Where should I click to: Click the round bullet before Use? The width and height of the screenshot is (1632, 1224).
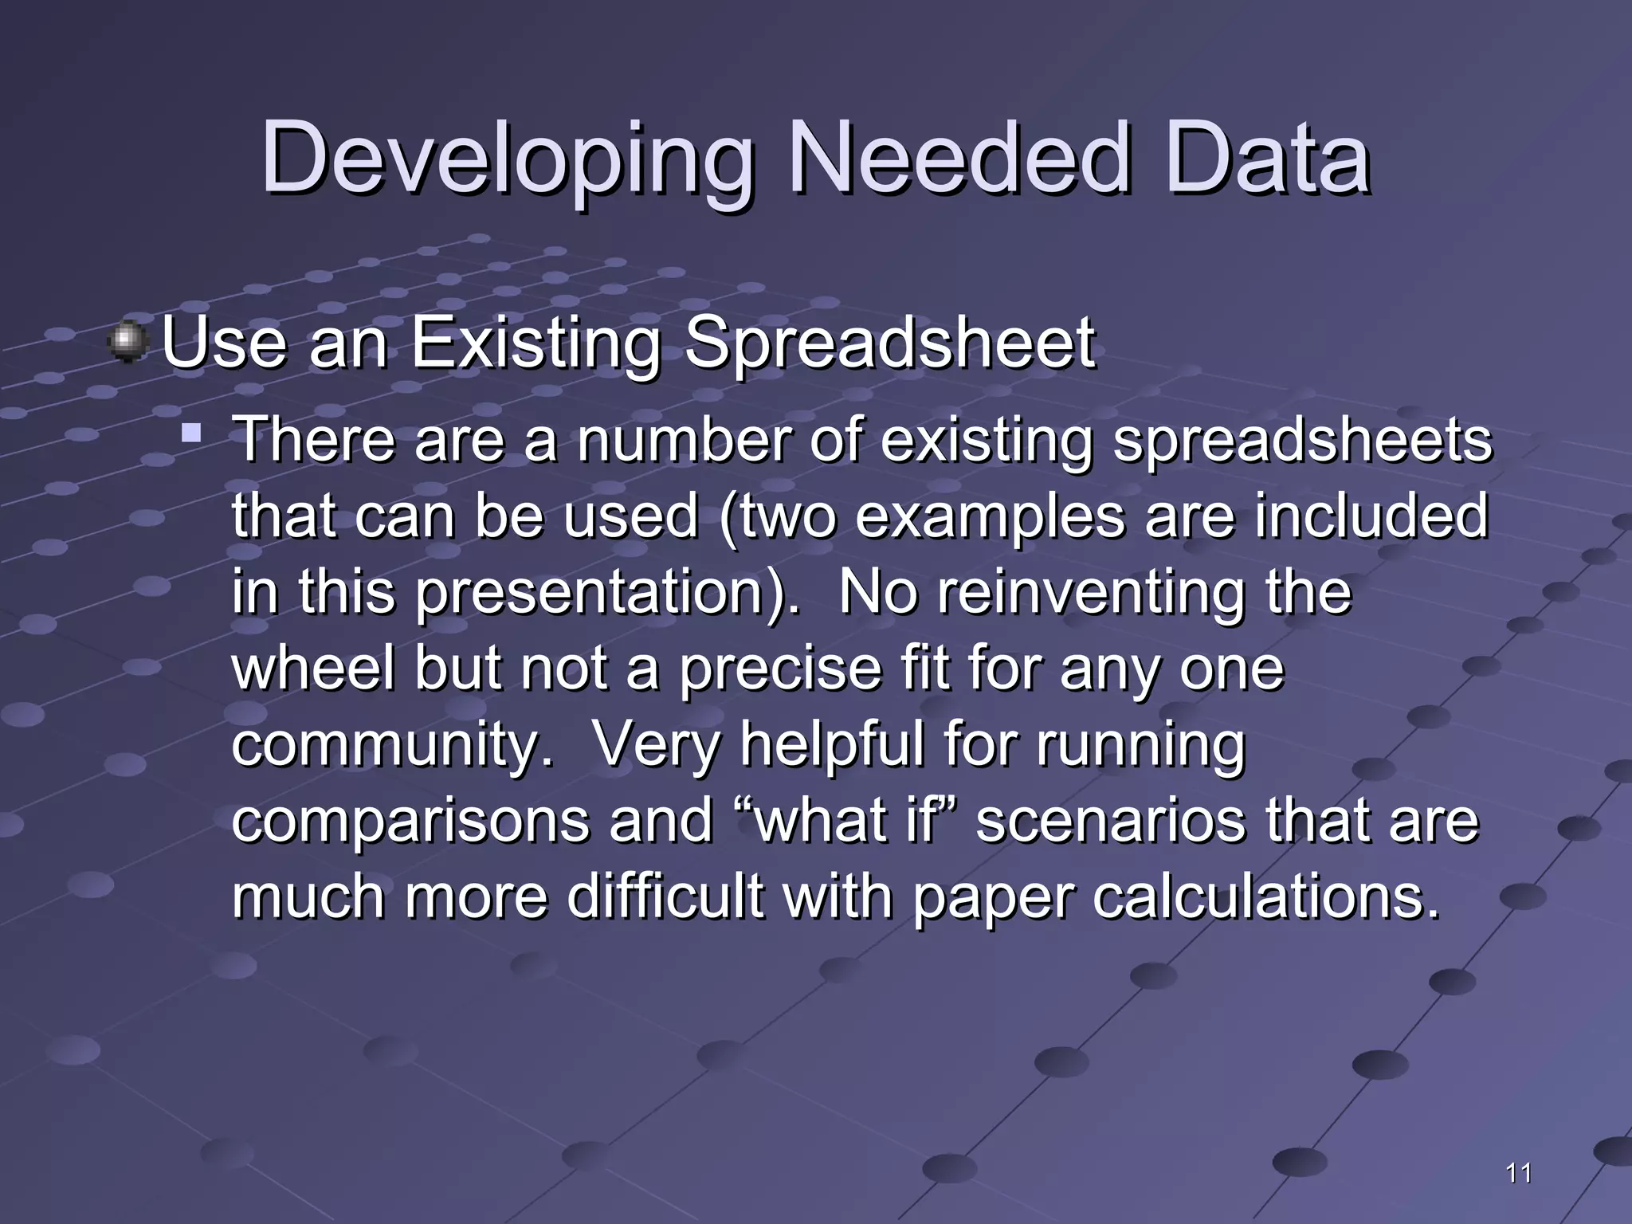127,343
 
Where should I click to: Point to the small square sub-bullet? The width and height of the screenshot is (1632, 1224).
190,434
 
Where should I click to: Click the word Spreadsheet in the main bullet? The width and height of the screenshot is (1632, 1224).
889,344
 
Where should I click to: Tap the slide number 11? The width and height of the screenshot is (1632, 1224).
1519,1173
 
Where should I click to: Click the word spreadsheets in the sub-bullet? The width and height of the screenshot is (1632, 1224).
1301,440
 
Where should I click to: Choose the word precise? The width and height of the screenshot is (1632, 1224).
780,668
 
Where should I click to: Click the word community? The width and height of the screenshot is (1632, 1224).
391,744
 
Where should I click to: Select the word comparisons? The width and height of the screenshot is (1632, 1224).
410,821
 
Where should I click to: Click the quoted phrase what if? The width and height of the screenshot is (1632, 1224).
848,821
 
